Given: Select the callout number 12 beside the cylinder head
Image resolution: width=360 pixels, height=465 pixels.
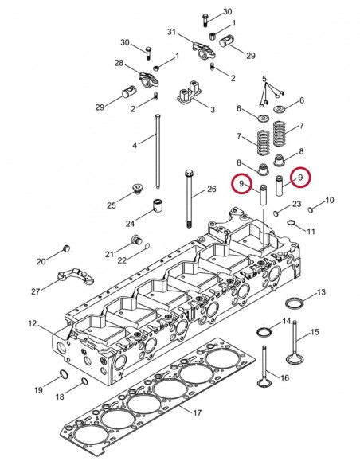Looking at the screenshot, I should click(x=33, y=323).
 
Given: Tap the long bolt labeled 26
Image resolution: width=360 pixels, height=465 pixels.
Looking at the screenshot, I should click(x=189, y=199).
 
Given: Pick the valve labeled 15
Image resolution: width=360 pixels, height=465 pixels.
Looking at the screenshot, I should click(x=296, y=350).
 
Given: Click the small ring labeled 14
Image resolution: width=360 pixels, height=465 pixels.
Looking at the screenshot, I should click(x=264, y=330).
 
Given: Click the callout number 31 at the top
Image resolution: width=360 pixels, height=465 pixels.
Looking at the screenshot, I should click(x=171, y=32).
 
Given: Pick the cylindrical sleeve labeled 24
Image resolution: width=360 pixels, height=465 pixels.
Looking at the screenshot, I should click(x=158, y=207).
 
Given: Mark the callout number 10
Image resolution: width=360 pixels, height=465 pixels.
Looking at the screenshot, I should click(x=330, y=200).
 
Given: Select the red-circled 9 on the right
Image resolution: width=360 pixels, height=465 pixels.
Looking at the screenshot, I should click(x=299, y=178).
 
